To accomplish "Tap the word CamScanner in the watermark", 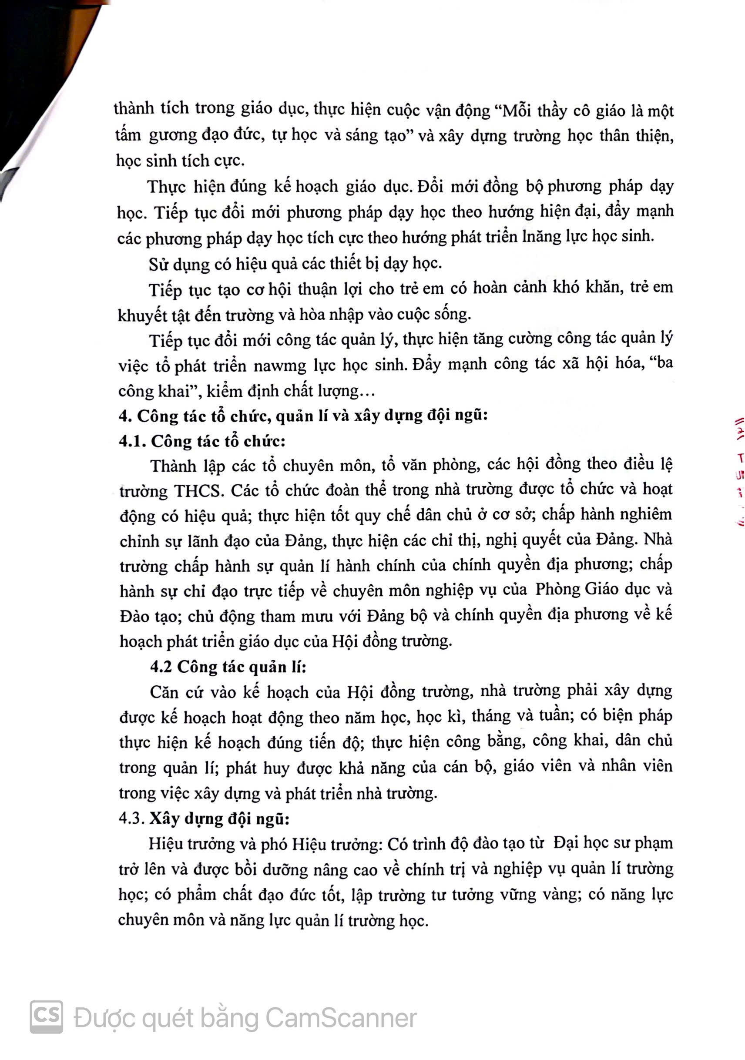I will pyautogui.click(x=341, y=1017).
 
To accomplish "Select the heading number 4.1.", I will pyautogui.click(x=132, y=441).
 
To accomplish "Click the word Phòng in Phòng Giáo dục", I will pyautogui.click(x=558, y=590).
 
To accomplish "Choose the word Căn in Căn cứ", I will pyautogui.click(x=163, y=691).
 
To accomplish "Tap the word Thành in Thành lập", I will pyautogui.click(x=174, y=466).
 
